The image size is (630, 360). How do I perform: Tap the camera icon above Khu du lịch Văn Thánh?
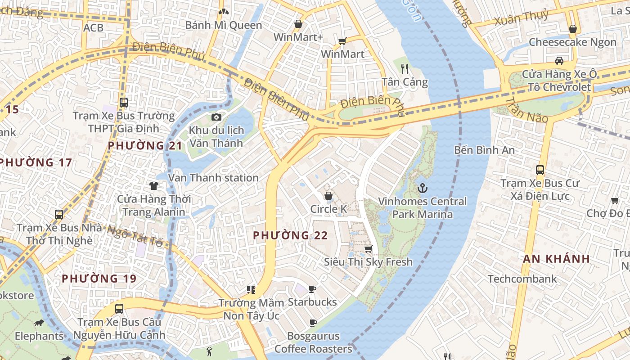[x=216, y=117]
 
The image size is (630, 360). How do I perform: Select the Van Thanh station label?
[x=213, y=178]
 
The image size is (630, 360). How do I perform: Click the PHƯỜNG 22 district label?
[x=290, y=235]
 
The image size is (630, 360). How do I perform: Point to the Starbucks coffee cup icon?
[x=312, y=289]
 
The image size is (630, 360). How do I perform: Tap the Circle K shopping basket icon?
[x=328, y=196]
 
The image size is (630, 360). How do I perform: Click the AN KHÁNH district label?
[x=556, y=259]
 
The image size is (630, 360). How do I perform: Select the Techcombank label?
[x=522, y=279]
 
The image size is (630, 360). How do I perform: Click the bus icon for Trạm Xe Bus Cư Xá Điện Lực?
[x=540, y=170]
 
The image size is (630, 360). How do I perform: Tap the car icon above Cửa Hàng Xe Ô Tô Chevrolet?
[x=559, y=61]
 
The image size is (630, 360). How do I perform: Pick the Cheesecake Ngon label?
[x=572, y=42]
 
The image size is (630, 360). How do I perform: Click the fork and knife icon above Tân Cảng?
[x=405, y=68]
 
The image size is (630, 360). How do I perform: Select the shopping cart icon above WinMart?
[x=342, y=41]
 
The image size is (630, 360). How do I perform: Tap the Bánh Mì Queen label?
[x=224, y=25]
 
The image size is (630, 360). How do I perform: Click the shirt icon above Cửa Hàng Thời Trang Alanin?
[x=154, y=185]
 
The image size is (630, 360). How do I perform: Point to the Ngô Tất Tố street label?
[x=135, y=236]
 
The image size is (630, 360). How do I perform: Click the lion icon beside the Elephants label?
[x=39, y=323]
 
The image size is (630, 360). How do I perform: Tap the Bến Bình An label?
[x=484, y=150]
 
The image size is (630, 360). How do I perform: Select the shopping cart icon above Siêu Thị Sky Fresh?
[x=368, y=249]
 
